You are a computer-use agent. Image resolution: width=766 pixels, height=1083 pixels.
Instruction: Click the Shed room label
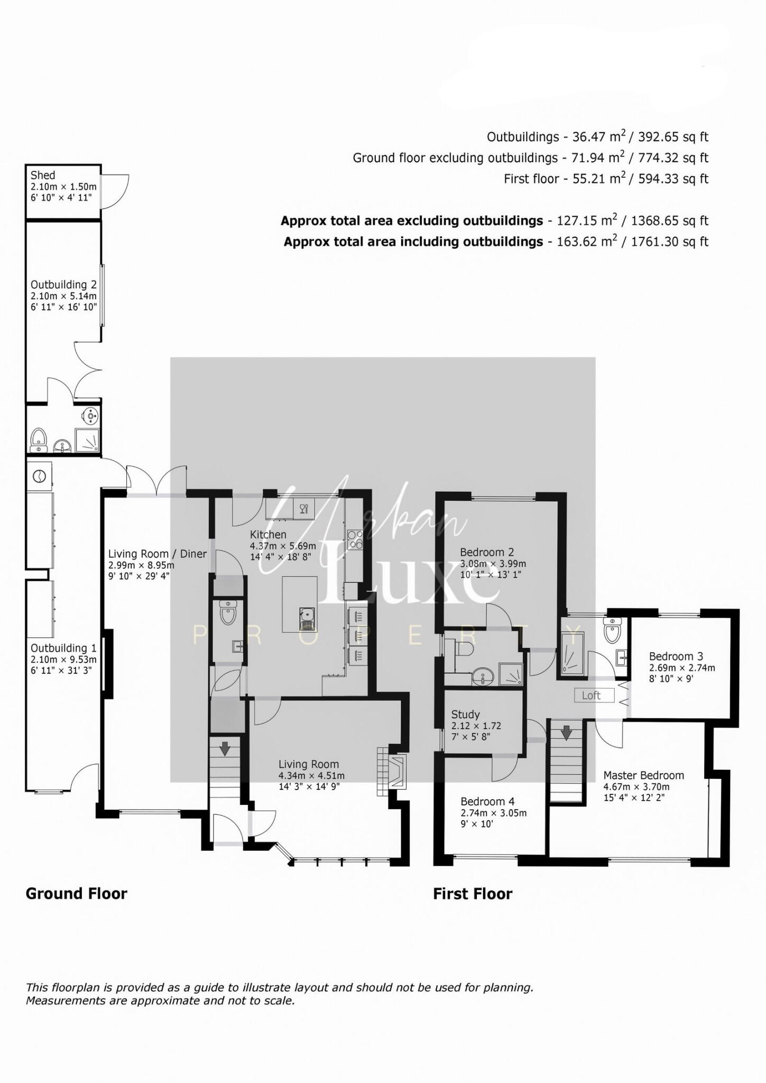[43, 175]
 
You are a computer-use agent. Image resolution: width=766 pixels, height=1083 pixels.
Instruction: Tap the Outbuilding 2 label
[63, 284]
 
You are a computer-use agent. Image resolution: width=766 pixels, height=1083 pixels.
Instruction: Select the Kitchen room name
[268, 535]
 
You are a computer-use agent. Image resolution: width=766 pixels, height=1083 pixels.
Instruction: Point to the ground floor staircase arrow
[225, 748]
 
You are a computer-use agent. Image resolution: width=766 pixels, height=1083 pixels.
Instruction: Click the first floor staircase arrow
[566, 732]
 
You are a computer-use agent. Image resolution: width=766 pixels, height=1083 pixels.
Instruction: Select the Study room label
[466, 714]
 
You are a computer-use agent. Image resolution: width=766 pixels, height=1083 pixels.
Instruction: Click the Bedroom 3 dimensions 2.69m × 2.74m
[682, 668]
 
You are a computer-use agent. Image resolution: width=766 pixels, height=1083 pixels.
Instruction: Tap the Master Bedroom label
[643, 775]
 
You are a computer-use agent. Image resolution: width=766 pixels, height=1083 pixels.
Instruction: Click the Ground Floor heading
[77, 894]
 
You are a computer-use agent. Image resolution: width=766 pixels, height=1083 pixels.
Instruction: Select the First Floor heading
[473, 894]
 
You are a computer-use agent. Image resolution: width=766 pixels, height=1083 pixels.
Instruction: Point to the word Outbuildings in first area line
[522, 137]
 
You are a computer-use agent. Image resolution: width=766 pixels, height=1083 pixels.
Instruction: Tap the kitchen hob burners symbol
[355, 539]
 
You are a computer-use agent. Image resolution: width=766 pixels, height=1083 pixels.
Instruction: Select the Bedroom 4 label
[487, 802]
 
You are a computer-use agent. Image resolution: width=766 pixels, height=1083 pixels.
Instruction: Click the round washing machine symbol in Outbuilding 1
[39, 476]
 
